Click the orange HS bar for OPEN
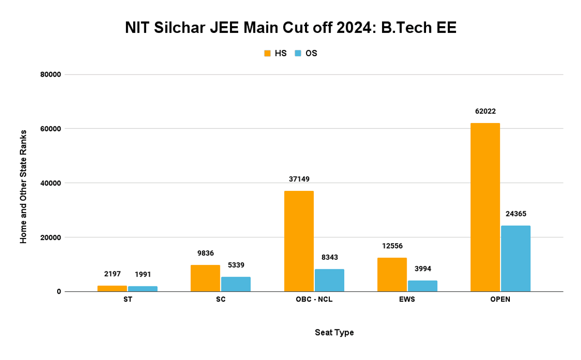tap(485, 207)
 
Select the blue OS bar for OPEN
tap(516, 258)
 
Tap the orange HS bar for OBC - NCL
tap(299, 241)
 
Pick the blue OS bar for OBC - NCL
tap(329, 280)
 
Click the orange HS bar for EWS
tap(392, 275)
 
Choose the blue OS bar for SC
tap(236, 284)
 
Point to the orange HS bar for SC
tap(205, 278)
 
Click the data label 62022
tap(485, 111)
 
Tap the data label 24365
tap(516, 214)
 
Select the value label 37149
tap(299, 179)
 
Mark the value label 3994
tap(422, 269)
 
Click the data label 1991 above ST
tap(142, 274)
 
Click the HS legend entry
tap(275, 53)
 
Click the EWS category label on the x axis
tap(407, 299)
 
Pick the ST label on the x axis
tap(127, 299)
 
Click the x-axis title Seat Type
tap(334, 332)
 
